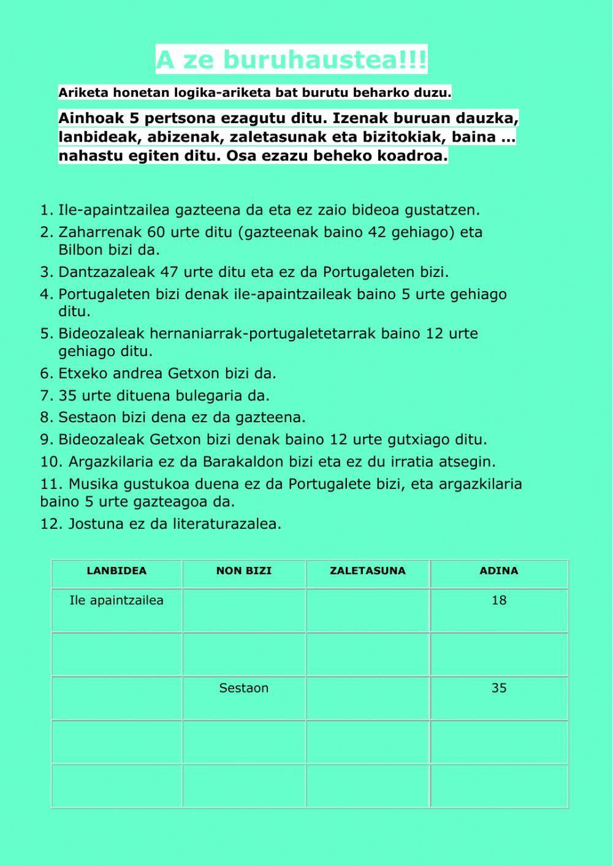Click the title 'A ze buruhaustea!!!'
[291, 60]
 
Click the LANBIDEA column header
[116, 571]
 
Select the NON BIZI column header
[244, 571]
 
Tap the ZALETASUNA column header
[368, 571]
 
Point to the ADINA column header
[499, 571]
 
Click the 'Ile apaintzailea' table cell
[116, 601]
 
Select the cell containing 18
[499, 601]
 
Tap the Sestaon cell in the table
[244, 688]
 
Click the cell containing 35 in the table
[499, 688]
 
